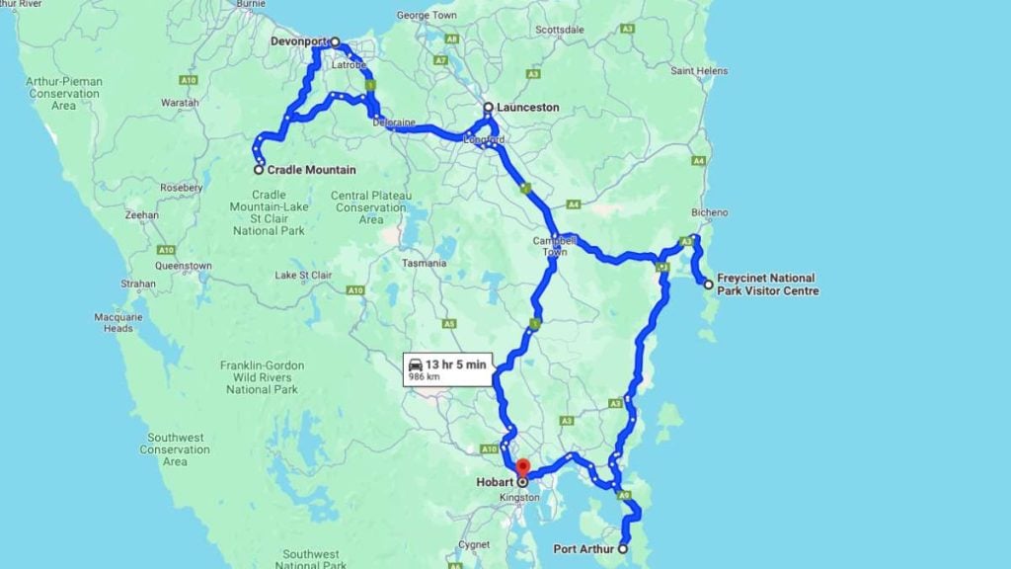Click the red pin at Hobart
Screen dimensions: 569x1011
[523, 467]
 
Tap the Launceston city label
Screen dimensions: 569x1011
[527, 107]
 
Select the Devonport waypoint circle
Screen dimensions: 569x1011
[336, 42]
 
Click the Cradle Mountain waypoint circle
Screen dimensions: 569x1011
[259, 170]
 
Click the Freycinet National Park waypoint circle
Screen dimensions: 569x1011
[708, 284]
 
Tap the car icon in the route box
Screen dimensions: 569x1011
[416, 365]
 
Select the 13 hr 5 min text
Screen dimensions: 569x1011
[455, 365]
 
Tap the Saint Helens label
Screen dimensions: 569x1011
[699, 71]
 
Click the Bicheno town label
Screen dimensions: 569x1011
[711, 212]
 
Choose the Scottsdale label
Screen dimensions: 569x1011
[560, 30]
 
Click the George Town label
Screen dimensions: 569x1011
[427, 16]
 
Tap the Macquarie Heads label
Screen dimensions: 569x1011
[113, 322]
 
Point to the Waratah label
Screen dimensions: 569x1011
[180, 102]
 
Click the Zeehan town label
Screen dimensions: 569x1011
[143, 214]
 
